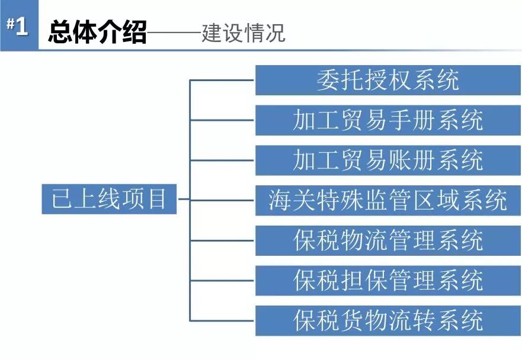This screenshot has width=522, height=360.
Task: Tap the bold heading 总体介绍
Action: pos(97,33)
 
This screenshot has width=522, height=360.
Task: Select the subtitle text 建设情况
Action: pos(243,33)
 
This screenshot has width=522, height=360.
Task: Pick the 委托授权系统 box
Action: pos(388,81)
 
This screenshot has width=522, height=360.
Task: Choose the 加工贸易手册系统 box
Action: pos(388,120)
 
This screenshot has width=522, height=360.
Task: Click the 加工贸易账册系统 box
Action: pos(388,160)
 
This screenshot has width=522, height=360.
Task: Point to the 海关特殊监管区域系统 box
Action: pos(388,200)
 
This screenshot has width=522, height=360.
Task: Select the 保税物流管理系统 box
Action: pos(388,240)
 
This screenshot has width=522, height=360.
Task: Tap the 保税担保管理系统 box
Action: pos(388,280)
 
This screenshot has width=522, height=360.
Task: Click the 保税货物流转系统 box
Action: pos(388,320)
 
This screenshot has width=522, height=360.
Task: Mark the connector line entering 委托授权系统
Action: pos(222,80)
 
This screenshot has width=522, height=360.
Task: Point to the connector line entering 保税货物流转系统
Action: pos(222,320)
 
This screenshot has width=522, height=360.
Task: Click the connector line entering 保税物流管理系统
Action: pos(222,240)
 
